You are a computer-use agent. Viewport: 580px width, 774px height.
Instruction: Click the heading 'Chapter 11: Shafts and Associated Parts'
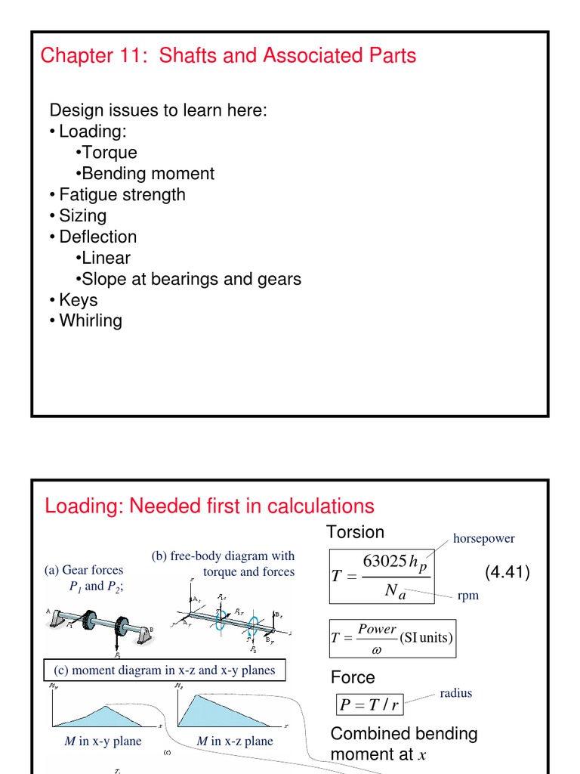click(x=228, y=56)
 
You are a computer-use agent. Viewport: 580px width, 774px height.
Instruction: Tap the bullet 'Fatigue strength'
click(x=122, y=195)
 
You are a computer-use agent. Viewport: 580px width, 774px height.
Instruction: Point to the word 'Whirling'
click(x=91, y=320)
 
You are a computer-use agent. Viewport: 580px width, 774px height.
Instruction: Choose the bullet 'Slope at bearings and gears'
click(x=191, y=279)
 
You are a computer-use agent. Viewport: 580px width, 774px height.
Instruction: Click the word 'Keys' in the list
click(x=79, y=300)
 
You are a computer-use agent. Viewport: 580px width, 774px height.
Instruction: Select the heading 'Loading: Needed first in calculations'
click(x=209, y=506)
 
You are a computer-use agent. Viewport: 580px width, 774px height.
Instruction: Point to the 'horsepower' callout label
click(x=483, y=538)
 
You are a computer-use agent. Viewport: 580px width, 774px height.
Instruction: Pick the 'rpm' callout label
click(x=468, y=596)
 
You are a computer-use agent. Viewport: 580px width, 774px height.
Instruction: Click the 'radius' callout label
click(x=455, y=692)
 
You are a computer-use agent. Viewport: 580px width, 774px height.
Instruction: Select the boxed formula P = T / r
click(x=369, y=705)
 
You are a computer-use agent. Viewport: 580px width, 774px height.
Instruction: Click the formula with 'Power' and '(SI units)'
click(x=391, y=637)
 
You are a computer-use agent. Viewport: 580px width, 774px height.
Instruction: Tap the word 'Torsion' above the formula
click(x=355, y=531)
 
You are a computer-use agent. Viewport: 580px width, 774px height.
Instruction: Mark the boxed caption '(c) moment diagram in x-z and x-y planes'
click(x=164, y=670)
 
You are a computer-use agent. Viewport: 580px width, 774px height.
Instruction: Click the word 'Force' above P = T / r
click(x=353, y=677)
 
